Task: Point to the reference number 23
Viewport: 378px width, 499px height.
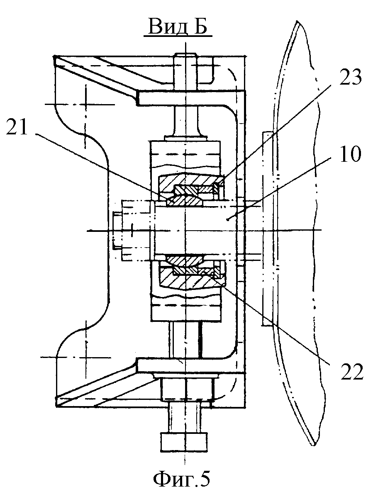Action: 350,77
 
